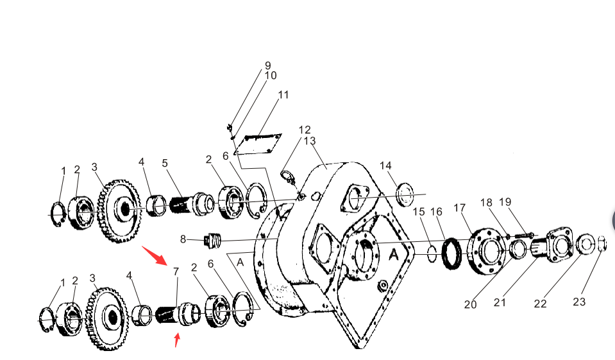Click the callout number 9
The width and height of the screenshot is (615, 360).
click(x=268, y=65)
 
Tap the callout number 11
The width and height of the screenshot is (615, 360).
click(x=283, y=95)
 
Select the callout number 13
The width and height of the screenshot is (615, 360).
click(x=310, y=141)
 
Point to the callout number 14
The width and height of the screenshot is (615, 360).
click(x=385, y=166)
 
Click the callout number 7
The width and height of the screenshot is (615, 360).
click(x=176, y=271)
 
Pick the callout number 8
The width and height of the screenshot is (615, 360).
click(x=183, y=239)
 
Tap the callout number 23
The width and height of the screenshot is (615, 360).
click(x=579, y=302)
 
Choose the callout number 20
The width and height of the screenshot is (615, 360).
click(x=470, y=304)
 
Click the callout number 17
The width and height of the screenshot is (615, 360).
click(x=460, y=208)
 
